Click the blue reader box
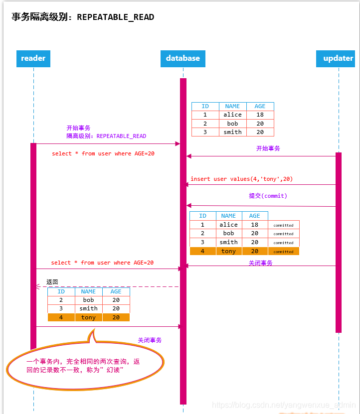pyautogui.click(x=33, y=58)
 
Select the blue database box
pyautogui.click(x=183, y=58)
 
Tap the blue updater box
pyautogui.click(x=338, y=58)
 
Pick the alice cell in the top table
pyautogui.click(x=232, y=115)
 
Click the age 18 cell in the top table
pyautogui.click(x=260, y=115)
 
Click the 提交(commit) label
pyautogui.click(x=268, y=196)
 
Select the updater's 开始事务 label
pyautogui.click(x=268, y=148)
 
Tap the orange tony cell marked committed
pyautogui.click(x=228, y=252)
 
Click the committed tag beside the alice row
pyautogui.click(x=283, y=225)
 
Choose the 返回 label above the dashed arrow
pyautogui.click(x=52, y=282)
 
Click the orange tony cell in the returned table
pyautogui.click(x=88, y=317)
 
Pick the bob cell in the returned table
pyautogui.click(x=88, y=300)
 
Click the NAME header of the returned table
pyautogui.click(x=88, y=291)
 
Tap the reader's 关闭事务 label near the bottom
pyautogui.click(x=150, y=340)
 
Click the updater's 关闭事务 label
pyautogui.click(x=260, y=263)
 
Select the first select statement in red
pyautogui.click(x=103, y=153)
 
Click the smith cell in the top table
pyautogui.click(x=232, y=132)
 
